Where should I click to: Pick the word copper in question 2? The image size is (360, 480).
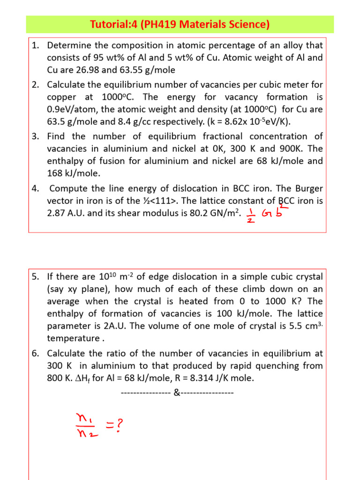pos(62,97)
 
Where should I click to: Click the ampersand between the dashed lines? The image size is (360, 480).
pos(176,392)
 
